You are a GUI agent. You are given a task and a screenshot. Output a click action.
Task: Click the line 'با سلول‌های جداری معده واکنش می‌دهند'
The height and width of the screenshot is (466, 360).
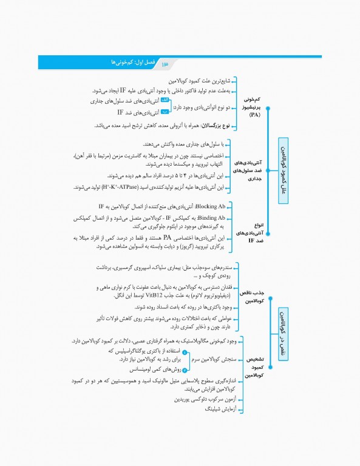[x=182, y=144]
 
